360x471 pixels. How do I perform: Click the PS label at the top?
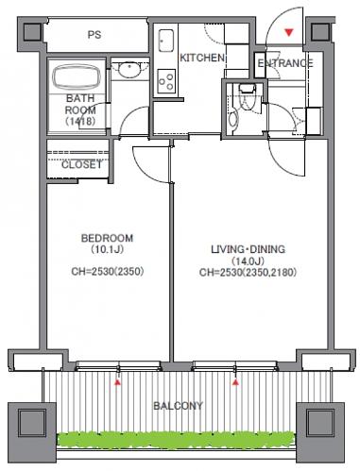tap(94, 34)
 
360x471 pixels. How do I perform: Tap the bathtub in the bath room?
tap(76, 77)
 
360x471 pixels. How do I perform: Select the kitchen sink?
tap(166, 41)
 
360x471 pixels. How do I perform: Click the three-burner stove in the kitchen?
tap(166, 81)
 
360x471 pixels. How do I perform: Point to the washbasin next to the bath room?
tap(129, 70)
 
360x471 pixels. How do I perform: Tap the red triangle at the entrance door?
tap(289, 32)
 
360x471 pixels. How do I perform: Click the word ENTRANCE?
tap(285, 63)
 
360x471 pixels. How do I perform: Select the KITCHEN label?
tap(202, 58)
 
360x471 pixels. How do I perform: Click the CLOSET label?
tap(81, 164)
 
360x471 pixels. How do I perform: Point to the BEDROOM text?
tap(107, 238)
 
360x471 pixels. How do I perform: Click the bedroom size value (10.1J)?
tap(107, 250)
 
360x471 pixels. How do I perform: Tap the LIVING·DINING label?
tap(249, 249)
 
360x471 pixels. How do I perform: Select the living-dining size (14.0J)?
tap(248, 261)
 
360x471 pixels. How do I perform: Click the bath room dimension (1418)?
tap(80, 121)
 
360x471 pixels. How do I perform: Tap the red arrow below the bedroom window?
tap(117, 382)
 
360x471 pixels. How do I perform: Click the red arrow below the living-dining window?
tap(235, 382)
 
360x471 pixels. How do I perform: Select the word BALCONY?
tap(178, 406)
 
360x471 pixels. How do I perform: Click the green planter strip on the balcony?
tap(177, 439)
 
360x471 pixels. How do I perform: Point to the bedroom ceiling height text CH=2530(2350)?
tap(108, 272)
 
